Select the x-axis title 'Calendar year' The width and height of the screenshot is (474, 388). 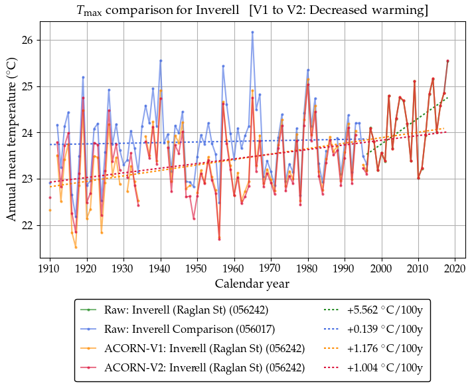(x=252, y=284)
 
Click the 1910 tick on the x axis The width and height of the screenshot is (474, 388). (x=50, y=268)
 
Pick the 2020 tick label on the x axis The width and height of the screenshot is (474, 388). (x=454, y=268)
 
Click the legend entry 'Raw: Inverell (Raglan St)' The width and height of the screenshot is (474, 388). (x=179, y=310)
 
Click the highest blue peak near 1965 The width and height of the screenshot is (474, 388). (x=252, y=32)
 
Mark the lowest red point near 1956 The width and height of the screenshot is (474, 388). (x=219, y=239)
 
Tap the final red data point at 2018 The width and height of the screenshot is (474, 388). (x=447, y=61)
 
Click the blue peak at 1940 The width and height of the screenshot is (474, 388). (x=161, y=60)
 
